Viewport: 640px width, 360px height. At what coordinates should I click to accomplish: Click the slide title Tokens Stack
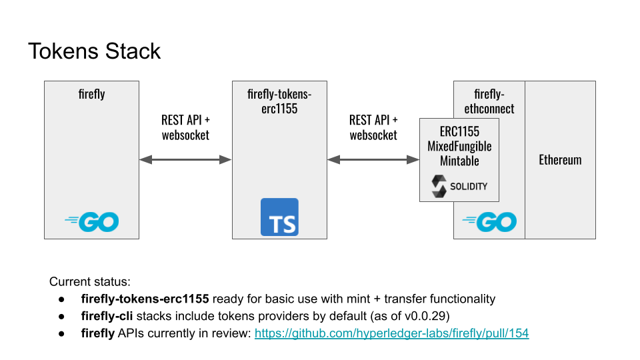94,51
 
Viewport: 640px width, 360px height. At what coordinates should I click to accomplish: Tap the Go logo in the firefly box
92,222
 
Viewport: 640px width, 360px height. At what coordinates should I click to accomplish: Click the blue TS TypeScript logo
279,217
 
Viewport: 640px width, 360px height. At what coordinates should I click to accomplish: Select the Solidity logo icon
439,186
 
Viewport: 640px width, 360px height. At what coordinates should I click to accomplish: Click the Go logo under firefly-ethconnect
489,222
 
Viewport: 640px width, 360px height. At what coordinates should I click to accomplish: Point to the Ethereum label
560,160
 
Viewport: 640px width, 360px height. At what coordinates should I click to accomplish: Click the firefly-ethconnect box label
489,101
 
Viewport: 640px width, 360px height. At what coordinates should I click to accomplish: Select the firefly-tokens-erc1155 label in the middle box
279,101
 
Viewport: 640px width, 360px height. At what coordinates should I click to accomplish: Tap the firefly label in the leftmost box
92,94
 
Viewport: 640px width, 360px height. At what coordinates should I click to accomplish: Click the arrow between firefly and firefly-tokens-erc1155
185,159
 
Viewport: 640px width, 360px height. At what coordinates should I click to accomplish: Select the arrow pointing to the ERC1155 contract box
373,159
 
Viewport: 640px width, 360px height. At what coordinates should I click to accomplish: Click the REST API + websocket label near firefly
185,127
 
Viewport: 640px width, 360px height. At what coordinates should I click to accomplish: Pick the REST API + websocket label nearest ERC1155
373,127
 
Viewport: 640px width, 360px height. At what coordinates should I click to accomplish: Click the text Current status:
90,282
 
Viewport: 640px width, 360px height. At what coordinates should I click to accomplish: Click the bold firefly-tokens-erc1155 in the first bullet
145,299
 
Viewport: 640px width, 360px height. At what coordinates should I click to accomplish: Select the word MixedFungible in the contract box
459,146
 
